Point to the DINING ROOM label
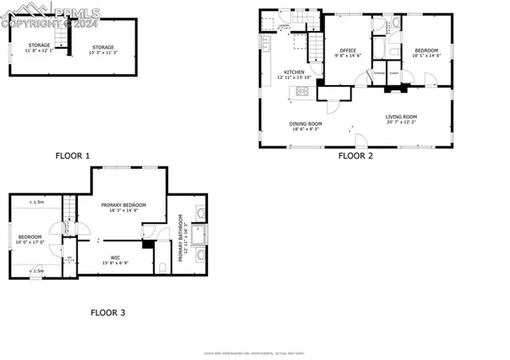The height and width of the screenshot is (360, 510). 305,125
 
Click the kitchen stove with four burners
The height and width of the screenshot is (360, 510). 304,92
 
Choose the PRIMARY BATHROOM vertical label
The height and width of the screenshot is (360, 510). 181,237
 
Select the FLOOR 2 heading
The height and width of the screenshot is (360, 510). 355,156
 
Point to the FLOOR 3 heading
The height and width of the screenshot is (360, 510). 107,312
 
